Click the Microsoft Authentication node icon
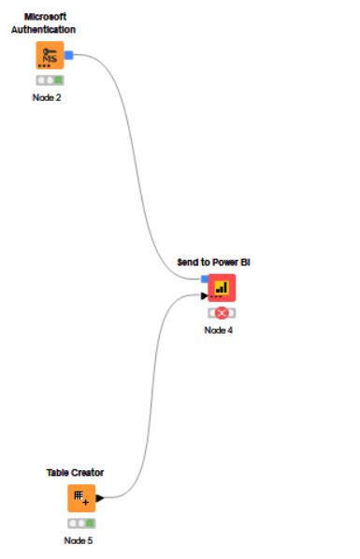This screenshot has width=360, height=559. pos(50,55)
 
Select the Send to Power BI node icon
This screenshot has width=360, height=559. pos(222,288)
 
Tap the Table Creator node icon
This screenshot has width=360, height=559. pos(81,498)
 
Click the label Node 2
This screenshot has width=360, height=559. pos(47,97)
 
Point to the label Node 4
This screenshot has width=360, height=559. pos(219,330)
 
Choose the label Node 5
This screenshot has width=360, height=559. pos(79,540)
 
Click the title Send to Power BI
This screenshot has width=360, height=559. pos(213,263)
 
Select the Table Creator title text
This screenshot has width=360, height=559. pos(75,473)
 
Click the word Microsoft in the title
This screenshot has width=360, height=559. pos(45,17)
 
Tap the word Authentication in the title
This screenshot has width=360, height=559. pos(43,30)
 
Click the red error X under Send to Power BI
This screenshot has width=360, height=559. pos(222,313)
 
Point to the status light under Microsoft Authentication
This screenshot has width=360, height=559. pos(50,80)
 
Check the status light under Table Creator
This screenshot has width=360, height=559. pos(81,523)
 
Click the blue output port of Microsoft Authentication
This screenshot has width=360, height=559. pos(69,55)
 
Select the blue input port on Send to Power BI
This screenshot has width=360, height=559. pos(205,279)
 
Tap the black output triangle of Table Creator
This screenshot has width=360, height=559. pos(99,498)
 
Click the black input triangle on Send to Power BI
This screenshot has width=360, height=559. pos(204,296)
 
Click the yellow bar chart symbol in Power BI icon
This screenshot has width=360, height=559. pos(222,287)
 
